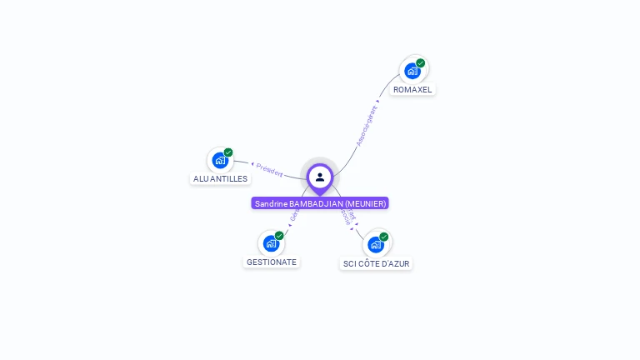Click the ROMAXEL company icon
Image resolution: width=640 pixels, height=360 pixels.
coord(412,71)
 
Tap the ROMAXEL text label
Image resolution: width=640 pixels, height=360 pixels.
coord(412,89)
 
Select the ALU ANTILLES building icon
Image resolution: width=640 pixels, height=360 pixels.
coord(220,160)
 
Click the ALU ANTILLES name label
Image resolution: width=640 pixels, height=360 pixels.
coord(220,178)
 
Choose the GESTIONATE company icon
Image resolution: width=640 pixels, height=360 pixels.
coord(271,243)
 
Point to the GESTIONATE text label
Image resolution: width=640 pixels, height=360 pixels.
coord(271,262)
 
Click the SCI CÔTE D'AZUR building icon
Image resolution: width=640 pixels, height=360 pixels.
coord(376,244)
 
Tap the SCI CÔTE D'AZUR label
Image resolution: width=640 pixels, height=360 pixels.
coord(377,263)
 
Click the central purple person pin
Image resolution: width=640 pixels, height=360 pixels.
coord(320,177)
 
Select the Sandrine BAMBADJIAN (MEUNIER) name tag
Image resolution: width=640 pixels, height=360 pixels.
coord(320,203)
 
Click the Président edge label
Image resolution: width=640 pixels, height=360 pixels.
coord(269,169)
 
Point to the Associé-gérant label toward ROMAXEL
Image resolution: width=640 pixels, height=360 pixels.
coord(367,126)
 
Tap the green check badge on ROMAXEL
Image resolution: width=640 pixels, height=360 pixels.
coord(421,63)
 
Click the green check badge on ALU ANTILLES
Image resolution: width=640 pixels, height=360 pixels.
coord(228,152)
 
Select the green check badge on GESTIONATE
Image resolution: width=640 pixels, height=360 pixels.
coord(279,236)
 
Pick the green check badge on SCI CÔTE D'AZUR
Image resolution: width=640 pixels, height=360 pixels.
coord(384,237)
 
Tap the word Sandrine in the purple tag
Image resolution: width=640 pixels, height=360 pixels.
coord(271,203)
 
